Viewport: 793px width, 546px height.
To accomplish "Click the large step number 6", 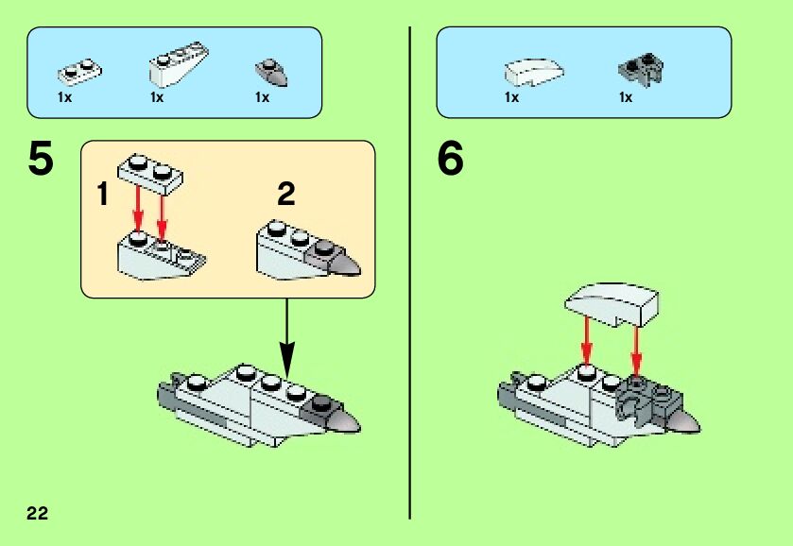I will (x=450, y=160).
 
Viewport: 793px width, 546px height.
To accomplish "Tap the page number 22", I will (x=37, y=513).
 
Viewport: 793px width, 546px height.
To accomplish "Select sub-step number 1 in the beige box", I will (x=102, y=196).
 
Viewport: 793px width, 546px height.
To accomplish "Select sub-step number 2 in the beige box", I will (x=286, y=196).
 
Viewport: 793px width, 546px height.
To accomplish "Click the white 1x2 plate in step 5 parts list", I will (x=79, y=70).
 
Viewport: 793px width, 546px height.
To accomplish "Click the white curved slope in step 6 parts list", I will (x=535, y=71).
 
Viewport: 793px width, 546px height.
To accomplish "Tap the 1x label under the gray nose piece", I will (x=262, y=97).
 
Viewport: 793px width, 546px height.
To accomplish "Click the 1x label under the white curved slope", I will (x=511, y=97).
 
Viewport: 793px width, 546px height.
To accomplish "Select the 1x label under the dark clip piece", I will (x=626, y=97).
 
